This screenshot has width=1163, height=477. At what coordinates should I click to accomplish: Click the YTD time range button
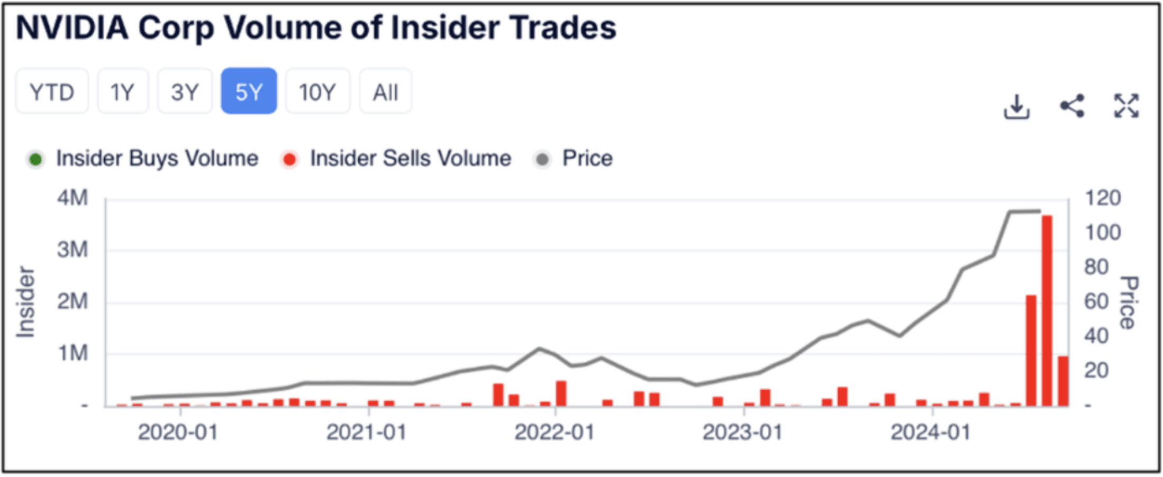pyautogui.click(x=52, y=92)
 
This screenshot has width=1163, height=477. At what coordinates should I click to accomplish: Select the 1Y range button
pyautogui.click(x=122, y=92)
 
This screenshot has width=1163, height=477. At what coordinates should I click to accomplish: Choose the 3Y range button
pyautogui.click(x=185, y=92)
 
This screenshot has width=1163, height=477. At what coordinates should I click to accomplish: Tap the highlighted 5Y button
pyautogui.click(x=249, y=92)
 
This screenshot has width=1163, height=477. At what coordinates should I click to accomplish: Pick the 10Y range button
pyautogui.click(x=317, y=92)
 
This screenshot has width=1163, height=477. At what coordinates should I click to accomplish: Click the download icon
pyautogui.click(x=1016, y=106)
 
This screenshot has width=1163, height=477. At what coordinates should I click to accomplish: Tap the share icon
pyautogui.click(x=1072, y=106)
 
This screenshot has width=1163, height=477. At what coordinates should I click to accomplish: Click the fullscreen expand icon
pyautogui.click(x=1126, y=106)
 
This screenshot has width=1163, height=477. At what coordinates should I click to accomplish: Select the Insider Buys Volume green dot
pyautogui.click(x=35, y=159)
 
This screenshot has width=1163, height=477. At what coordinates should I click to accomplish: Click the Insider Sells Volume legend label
pyautogui.click(x=410, y=159)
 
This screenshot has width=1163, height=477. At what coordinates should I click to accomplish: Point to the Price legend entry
pyautogui.click(x=587, y=159)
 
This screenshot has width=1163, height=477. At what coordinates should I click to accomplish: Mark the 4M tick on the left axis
pyautogui.click(x=72, y=198)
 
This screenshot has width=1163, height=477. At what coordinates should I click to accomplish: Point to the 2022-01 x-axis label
pyautogui.click(x=555, y=433)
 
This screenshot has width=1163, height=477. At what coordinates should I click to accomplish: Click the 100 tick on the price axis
pyautogui.click(x=1103, y=233)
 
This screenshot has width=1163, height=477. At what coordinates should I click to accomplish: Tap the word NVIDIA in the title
pyautogui.click(x=72, y=27)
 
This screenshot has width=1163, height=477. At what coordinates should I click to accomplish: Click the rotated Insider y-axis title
pyautogui.click(x=25, y=302)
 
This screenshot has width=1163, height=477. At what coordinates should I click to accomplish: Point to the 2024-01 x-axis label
pyautogui.click(x=930, y=433)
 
